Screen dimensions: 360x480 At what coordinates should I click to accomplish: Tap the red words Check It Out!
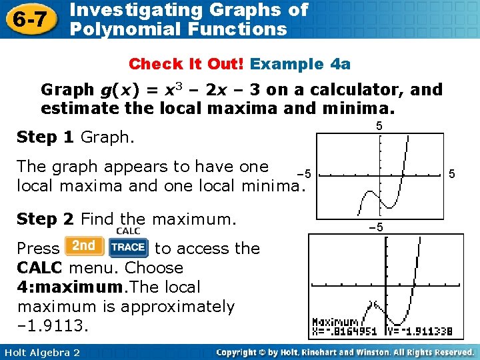click(x=187, y=64)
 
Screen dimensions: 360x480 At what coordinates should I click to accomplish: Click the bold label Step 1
click(x=46, y=137)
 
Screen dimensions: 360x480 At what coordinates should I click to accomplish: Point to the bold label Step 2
click(x=46, y=218)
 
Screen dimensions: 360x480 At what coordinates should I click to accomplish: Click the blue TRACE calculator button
click(x=128, y=247)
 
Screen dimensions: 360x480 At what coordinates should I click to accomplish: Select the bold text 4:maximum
click(x=59, y=287)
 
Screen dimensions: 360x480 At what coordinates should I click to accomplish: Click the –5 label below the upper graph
click(x=376, y=227)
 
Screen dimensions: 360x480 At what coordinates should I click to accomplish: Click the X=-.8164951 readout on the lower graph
click(x=347, y=331)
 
